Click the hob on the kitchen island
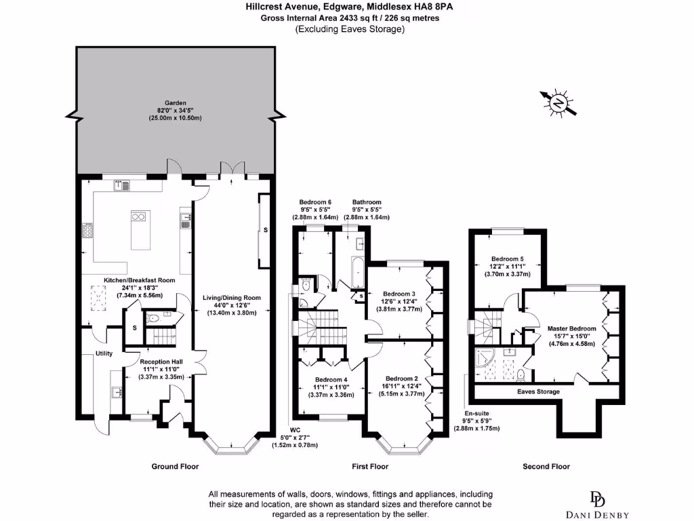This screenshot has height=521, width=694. (x=140, y=217)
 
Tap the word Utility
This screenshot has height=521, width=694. (x=104, y=353)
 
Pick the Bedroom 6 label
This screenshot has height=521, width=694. (x=315, y=202)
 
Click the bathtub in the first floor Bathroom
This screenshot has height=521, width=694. (x=356, y=271)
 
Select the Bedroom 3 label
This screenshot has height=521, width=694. (x=399, y=293)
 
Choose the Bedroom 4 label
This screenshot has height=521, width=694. (x=331, y=379)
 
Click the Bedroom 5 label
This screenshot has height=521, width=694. (x=508, y=258)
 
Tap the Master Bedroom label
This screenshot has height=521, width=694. (x=572, y=328)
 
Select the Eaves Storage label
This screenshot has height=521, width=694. (x=538, y=392)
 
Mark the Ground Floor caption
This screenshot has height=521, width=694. (x=175, y=466)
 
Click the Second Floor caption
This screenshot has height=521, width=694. (x=546, y=466)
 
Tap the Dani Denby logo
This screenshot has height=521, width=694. (x=598, y=505)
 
